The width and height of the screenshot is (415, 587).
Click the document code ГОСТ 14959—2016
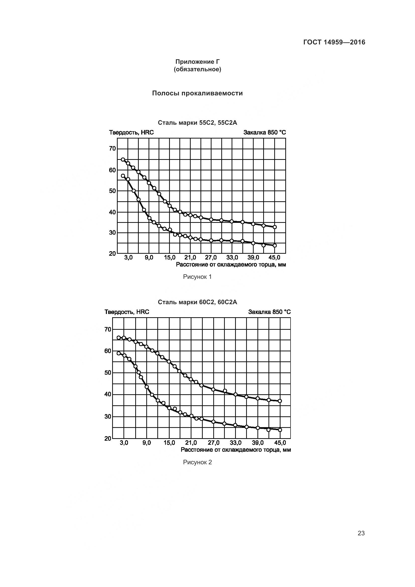[334, 42]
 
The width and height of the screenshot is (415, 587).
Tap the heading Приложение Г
[197, 62]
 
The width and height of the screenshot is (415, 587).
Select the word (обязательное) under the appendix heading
[197, 69]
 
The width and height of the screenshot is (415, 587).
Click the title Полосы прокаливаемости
[197, 93]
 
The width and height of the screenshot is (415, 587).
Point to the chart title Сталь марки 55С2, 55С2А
[197, 123]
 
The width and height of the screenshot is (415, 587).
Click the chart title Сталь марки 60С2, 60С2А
[197, 302]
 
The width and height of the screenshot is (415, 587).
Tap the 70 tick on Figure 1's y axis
[112, 149]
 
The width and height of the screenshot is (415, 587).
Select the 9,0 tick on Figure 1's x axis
[149, 257]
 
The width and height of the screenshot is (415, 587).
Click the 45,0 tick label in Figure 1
[274, 257]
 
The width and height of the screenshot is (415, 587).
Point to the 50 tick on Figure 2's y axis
[108, 372]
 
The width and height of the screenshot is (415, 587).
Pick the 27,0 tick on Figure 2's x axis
[213, 442]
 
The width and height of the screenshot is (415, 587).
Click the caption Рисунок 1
[197, 277]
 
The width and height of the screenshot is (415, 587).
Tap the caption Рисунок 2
[197, 462]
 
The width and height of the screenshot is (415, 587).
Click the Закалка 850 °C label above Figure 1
[264, 133]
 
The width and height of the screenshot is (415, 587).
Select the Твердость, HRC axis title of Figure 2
[127, 312]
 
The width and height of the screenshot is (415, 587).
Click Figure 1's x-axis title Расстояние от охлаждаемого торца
[231, 265]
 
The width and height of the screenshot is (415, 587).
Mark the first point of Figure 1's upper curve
[123, 160]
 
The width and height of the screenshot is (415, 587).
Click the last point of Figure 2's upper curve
[280, 401]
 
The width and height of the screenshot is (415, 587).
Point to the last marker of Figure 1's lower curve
[275, 245]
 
